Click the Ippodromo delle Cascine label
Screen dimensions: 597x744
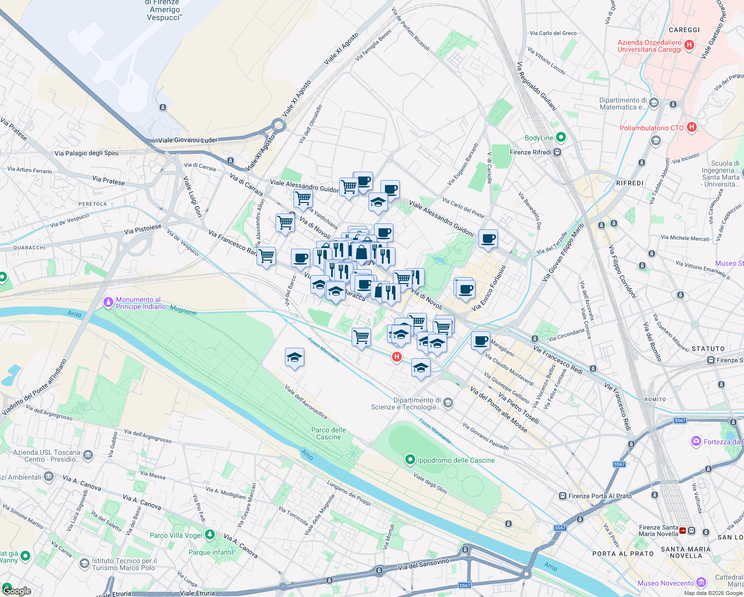(x=456, y=460)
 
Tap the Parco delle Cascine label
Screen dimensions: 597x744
(x=328, y=433)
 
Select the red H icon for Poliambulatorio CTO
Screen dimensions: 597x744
(x=691, y=127)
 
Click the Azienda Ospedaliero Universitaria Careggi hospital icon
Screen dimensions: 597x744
(x=689, y=45)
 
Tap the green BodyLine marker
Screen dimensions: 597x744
(x=561, y=137)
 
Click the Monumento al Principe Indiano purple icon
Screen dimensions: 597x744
(x=108, y=302)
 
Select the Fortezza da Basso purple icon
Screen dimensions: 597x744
(x=696, y=441)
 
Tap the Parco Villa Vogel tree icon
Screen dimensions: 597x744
(x=210, y=535)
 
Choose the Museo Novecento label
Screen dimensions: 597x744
(x=665, y=583)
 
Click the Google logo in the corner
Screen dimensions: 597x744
(x=16, y=591)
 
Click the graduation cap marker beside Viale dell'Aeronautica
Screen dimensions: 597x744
(x=294, y=357)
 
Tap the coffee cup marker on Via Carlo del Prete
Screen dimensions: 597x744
(x=488, y=238)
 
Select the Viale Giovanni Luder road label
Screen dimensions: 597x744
(x=187, y=140)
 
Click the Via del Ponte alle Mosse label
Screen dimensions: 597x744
(x=498, y=409)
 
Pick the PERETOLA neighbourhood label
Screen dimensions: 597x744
(x=93, y=204)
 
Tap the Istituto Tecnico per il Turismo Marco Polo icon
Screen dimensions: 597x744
(x=85, y=564)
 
